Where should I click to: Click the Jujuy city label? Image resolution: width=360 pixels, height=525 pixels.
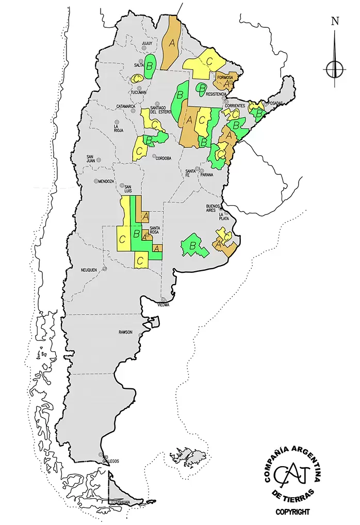point(148,44)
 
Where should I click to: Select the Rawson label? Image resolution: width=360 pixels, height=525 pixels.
point(126,332)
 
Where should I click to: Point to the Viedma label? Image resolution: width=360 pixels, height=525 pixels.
point(164,305)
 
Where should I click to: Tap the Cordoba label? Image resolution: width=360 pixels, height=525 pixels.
point(163,158)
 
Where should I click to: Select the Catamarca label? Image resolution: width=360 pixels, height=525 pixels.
point(125,106)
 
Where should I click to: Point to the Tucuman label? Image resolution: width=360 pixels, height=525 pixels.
point(139,92)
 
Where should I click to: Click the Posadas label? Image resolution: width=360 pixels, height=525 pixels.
point(275,103)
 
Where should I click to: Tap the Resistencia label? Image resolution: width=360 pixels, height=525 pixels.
point(216,94)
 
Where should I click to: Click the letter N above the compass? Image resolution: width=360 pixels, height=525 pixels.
point(335,21)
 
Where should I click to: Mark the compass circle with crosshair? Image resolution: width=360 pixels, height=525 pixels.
point(335,68)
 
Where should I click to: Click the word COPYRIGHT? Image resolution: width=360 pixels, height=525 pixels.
point(292,512)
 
